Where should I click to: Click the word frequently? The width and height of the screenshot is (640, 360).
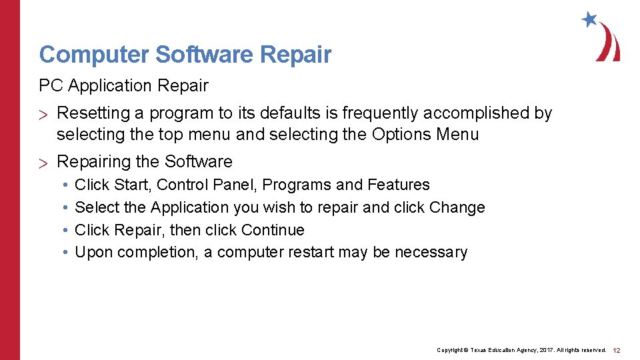[x=385, y=114]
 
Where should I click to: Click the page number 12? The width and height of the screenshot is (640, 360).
[x=617, y=350]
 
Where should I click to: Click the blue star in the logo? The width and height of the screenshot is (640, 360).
[x=589, y=19]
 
